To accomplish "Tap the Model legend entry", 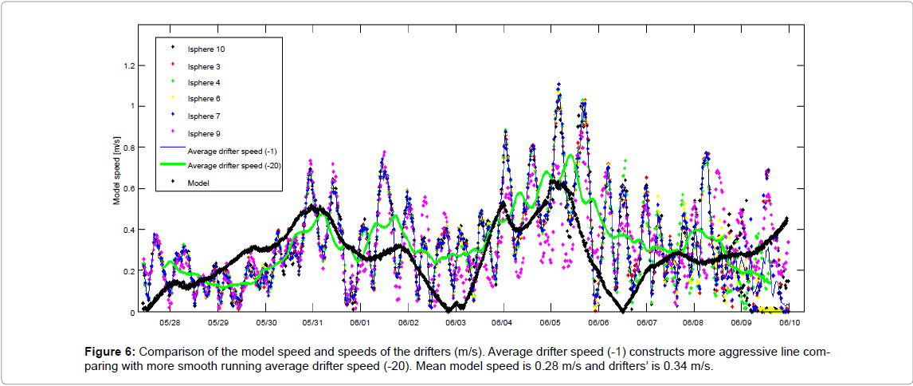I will click(x=197, y=183).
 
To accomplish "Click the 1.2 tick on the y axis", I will click(x=129, y=65).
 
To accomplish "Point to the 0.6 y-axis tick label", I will click(x=129, y=189).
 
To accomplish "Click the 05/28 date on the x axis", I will click(x=170, y=323).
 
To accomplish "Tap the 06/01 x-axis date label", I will click(x=360, y=323).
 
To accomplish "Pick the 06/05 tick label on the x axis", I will click(x=551, y=323).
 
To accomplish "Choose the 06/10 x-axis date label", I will click(x=789, y=323).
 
